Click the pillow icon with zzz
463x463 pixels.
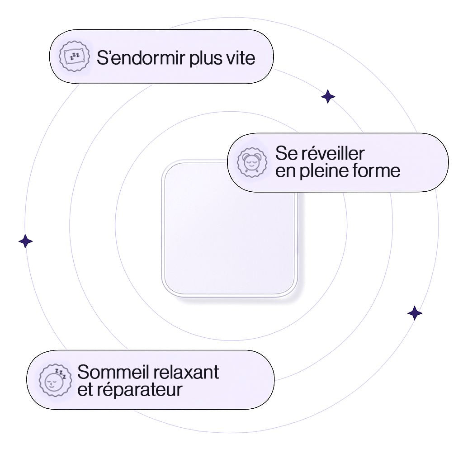click(72, 57)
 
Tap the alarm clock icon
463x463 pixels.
click(251, 162)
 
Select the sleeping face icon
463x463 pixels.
click(55, 380)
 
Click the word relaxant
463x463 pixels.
click(186, 372)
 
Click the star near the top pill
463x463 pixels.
click(328, 96)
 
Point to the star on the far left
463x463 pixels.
click(26, 241)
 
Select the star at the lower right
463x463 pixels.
click(415, 313)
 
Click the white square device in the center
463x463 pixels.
click(229, 228)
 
